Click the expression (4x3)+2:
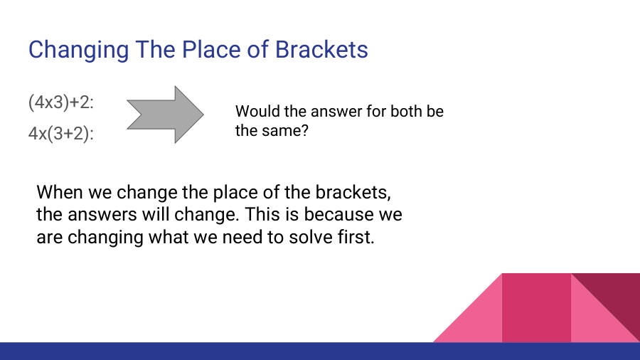(x=62, y=102)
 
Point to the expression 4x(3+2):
(x=62, y=134)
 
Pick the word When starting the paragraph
(x=60, y=192)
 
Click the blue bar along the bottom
(x=320, y=351)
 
